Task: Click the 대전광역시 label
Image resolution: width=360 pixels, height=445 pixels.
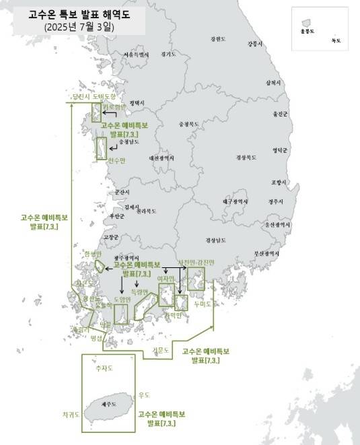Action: pyautogui.click(x=161, y=158)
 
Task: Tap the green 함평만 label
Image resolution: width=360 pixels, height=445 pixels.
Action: pyautogui.click(x=92, y=254)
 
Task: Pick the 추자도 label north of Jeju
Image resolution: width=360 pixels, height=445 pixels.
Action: pyautogui.click(x=104, y=368)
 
